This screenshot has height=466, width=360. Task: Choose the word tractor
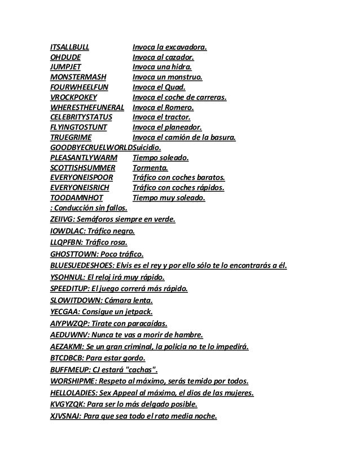[175, 117]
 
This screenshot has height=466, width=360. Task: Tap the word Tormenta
[150, 168]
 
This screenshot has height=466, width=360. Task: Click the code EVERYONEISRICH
[81, 188]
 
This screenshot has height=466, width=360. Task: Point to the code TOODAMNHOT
[74, 198]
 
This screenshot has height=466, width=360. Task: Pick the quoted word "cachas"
[139, 370]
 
